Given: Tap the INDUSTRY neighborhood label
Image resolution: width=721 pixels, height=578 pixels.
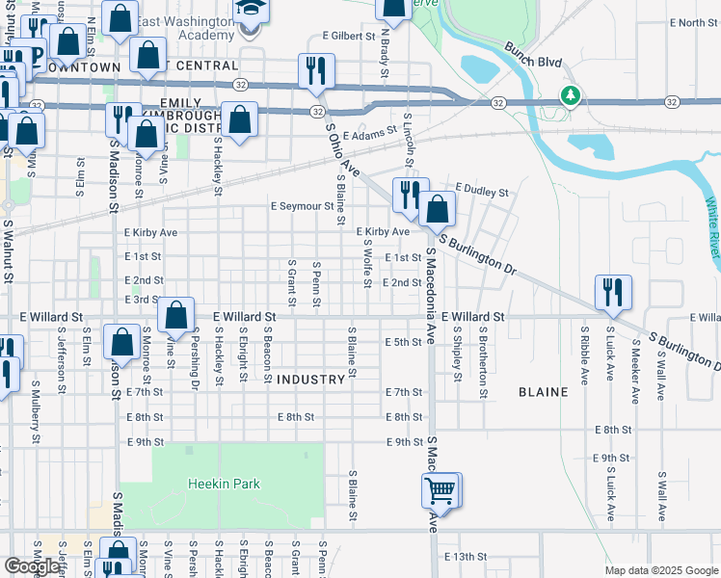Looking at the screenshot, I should [x=310, y=380].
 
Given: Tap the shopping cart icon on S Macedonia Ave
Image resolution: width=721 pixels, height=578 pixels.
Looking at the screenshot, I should [x=441, y=490].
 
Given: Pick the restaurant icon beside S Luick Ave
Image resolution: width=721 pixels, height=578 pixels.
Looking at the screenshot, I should [x=612, y=291].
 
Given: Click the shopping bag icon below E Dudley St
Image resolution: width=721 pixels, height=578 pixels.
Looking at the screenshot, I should [x=437, y=208].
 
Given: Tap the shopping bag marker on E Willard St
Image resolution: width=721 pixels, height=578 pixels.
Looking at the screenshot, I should [x=175, y=314].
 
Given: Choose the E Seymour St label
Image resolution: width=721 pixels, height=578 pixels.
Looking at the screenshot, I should [x=302, y=206].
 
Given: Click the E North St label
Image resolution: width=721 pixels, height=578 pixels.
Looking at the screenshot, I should [x=685, y=22].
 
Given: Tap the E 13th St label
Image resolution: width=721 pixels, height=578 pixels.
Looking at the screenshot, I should [x=467, y=557].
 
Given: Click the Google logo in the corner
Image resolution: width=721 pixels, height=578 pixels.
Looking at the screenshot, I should [x=32, y=565].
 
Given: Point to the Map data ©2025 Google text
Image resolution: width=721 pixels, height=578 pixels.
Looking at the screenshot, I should [x=661, y=570].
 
